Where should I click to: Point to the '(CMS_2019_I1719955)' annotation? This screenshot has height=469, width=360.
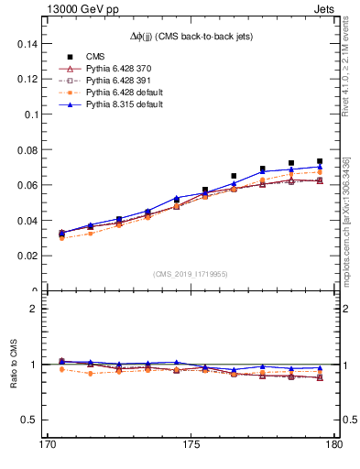[x=190, y=273]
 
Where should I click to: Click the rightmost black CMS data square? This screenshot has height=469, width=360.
[x=320, y=161]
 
